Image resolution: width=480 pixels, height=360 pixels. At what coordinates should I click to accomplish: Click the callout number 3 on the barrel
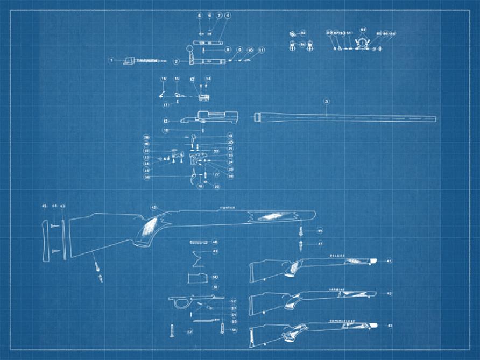pos(326,101)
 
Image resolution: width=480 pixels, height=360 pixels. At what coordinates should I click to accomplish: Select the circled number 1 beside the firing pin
pos(111,60)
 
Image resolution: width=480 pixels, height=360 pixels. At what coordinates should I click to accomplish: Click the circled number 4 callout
pos(228,16)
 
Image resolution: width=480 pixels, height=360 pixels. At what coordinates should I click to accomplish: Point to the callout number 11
pos(262,50)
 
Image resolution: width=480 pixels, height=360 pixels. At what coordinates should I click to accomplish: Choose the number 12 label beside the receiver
pos(167,121)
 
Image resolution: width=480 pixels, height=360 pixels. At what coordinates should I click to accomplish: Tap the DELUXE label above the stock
pos(337,256)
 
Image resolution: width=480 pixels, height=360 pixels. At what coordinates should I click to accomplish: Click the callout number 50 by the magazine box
pos(215,277)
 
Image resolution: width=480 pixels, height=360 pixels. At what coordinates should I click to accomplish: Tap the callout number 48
pos(215,242)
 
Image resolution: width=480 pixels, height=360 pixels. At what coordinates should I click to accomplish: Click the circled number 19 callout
pos(229,136)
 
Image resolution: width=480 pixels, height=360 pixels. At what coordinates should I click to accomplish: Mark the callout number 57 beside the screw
pos(190,332)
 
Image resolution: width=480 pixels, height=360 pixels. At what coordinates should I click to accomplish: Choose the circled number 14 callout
pos(208,79)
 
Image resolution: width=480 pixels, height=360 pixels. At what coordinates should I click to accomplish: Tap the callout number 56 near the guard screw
pos(234,329)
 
